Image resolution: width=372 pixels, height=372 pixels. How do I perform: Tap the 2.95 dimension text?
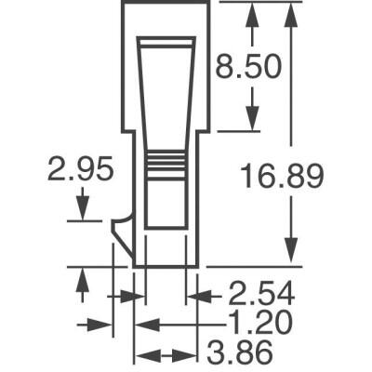point(82,170)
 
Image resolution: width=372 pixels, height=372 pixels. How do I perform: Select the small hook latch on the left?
point(120,237)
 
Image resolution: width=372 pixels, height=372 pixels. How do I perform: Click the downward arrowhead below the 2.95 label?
point(82,213)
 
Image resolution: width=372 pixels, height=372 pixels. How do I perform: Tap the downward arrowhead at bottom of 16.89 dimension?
point(292,257)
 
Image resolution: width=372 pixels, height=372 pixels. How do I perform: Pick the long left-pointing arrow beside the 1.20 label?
point(177,325)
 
